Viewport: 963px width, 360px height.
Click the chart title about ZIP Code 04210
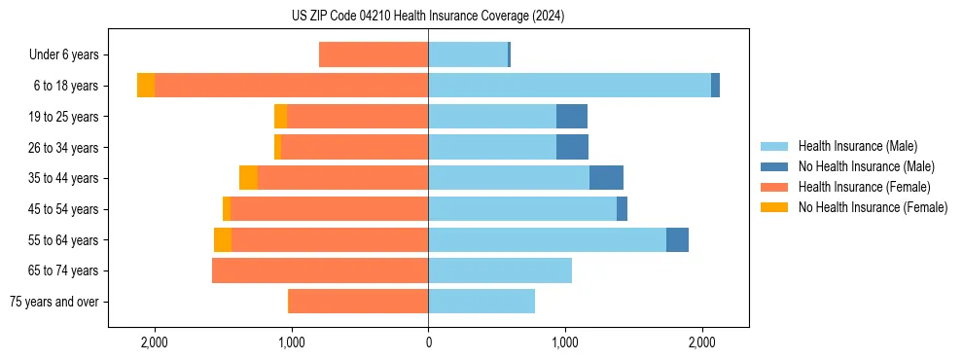tap(428, 16)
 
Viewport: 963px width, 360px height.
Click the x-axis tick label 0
tap(428, 342)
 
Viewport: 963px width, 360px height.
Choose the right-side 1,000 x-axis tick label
tap(565, 342)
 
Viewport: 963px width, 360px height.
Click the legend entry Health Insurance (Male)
tap(857, 146)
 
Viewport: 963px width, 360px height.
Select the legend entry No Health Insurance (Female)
tap(873, 207)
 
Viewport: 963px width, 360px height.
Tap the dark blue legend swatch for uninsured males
tap(775, 166)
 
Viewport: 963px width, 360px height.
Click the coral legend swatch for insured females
tap(775, 187)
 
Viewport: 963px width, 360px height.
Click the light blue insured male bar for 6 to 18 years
tap(569, 86)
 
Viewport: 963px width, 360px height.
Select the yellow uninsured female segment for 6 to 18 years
tap(146, 86)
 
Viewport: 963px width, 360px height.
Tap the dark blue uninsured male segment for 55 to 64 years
tap(677, 239)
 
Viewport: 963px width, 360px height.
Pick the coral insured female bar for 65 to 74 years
tap(320, 270)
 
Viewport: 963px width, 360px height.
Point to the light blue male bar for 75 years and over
tap(481, 302)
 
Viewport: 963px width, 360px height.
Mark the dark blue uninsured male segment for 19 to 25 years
tap(572, 117)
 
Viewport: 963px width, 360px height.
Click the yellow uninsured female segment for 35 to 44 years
tap(248, 178)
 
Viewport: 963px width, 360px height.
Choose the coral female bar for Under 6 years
tap(374, 54)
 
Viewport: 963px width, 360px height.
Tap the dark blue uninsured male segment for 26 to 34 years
tap(572, 147)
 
